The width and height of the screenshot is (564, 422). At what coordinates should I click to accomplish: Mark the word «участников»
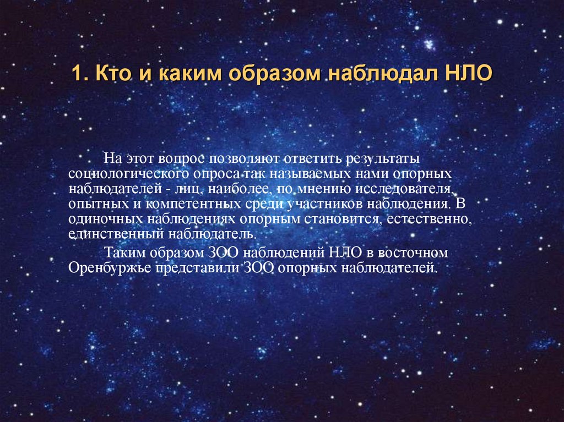point(324,204)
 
